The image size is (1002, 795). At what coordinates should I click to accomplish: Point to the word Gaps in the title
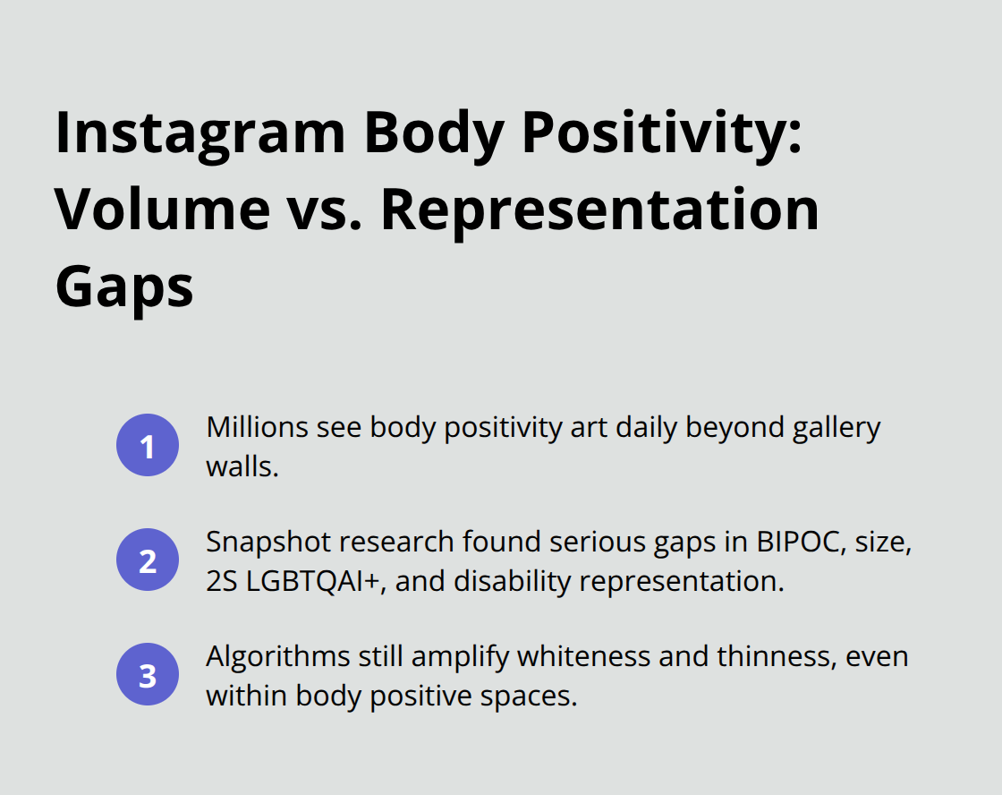coord(124,286)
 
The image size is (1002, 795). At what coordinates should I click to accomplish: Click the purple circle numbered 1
coord(148,446)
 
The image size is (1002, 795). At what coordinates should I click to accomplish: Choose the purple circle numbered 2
coord(148,560)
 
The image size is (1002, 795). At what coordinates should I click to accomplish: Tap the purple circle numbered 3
coord(148,675)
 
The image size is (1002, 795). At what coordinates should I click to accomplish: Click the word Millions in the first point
coord(257,428)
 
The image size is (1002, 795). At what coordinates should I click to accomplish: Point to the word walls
coord(242,466)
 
